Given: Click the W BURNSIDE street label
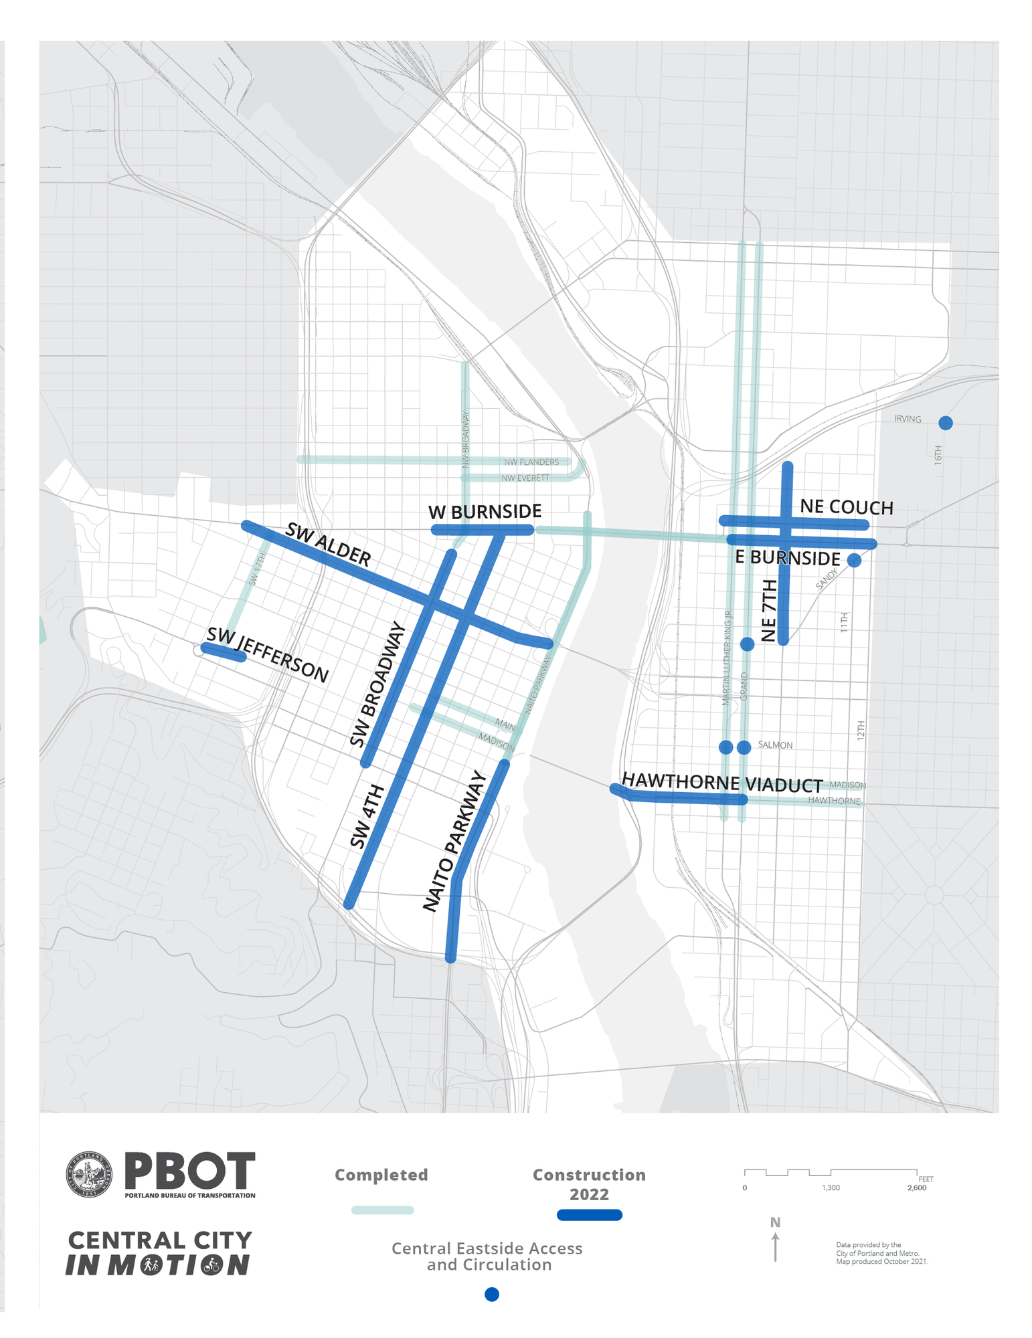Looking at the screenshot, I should tap(485, 512).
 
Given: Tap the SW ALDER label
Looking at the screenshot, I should tap(328, 545).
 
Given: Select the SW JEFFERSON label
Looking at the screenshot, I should tap(268, 655).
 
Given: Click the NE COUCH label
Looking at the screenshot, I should tap(846, 507).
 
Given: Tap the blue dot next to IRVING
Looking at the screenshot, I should tap(945, 423).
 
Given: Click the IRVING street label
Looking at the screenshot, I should tap(908, 419).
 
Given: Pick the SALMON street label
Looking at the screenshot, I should tap(775, 745).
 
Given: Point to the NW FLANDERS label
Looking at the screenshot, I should tap(531, 462).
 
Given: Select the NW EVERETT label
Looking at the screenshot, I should tap(525, 478).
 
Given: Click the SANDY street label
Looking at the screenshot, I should tap(827, 579).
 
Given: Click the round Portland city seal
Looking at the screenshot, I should tap(88, 1175).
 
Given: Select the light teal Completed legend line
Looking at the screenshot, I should tap(382, 1210).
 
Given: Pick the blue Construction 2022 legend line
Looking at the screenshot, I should tap(589, 1215).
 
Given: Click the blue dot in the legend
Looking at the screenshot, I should tap(491, 1294).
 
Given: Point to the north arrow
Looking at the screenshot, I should tap(775, 1247).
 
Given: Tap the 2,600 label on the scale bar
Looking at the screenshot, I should tap(916, 1187).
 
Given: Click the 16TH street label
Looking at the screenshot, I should tap(938, 455).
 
